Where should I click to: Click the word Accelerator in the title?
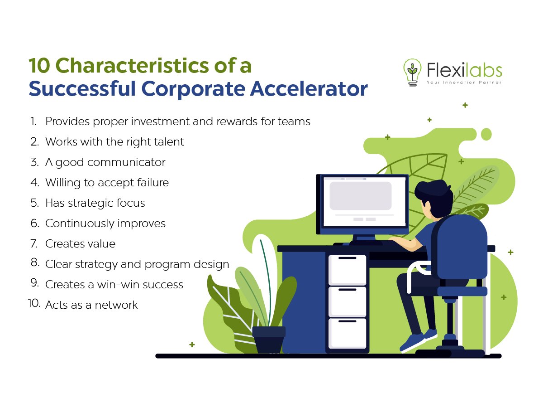(x=309, y=89)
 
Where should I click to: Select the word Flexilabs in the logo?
(x=465, y=70)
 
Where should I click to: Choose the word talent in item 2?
(x=169, y=142)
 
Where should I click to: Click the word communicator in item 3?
(x=126, y=162)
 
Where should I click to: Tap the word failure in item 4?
(x=153, y=183)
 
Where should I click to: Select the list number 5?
(x=35, y=203)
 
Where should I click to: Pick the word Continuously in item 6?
(x=79, y=223)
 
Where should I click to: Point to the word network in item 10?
(x=116, y=305)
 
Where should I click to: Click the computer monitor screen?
(x=364, y=202)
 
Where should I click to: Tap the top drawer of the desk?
(x=348, y=270)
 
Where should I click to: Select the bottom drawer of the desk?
(x=348, y=333)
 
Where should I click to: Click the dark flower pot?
(x=269, y=340)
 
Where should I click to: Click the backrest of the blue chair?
(x=460, y=248)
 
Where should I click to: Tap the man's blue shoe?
(x=413, y=342)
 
